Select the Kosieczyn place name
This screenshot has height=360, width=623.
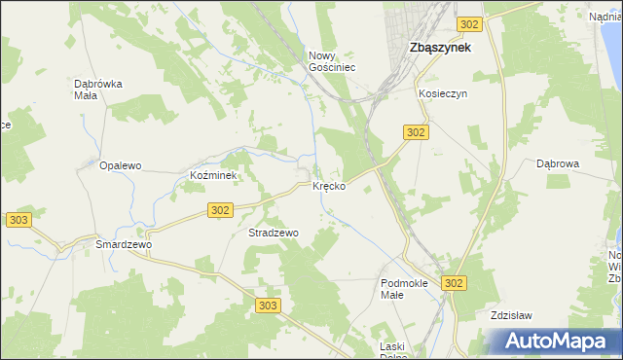pos(444,93)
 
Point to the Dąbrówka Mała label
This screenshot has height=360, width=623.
pos(98,90)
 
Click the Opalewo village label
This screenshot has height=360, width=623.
pos(121,165)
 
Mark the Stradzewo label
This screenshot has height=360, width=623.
pos(274,234)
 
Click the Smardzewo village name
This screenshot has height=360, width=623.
pos(124,245)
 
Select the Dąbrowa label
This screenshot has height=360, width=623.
pos(558,164)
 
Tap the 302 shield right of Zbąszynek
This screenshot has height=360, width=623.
pos(469,24)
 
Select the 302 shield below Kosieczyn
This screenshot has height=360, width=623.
pos(416,132)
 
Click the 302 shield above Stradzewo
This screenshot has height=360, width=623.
pos(221,209)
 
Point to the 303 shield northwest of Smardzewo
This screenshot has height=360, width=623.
pos(18,221)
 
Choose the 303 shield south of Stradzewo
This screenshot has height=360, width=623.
pos(270,306)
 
